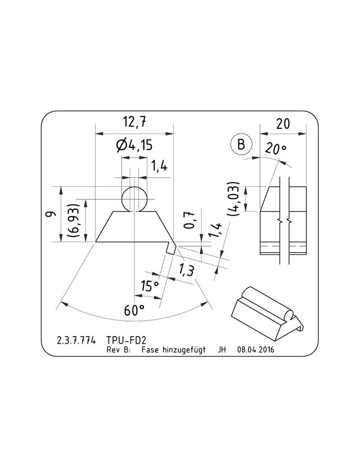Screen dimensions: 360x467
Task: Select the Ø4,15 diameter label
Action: (134, 145)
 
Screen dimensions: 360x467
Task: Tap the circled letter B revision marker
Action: (241, 144)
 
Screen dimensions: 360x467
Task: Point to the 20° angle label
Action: (276, 149)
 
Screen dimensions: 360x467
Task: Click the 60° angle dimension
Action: (134, 311)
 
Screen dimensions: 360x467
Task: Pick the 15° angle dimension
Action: (150, 286)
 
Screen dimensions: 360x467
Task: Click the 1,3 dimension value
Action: (186, 270)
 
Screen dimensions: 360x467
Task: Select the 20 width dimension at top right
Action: (282, 124)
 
